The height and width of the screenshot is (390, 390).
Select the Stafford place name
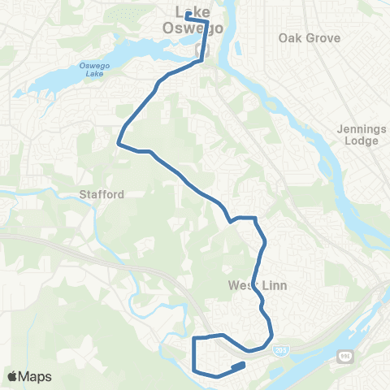(x=102, y=195)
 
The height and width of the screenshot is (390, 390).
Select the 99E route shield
(x=343, y=356)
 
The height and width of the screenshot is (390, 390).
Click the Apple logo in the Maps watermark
(x=13, y=376)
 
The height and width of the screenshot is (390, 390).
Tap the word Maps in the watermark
(x=35, y=376)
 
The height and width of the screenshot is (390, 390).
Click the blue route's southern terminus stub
(x=238, y=366)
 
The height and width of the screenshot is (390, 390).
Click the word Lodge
(x=362, y=141)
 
